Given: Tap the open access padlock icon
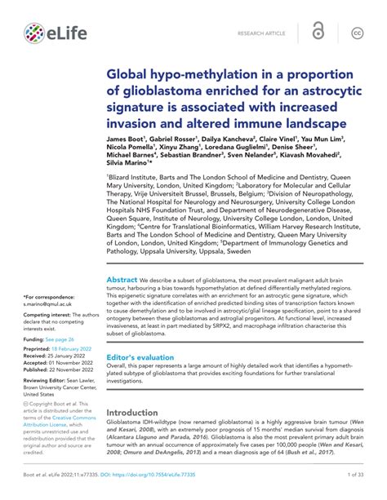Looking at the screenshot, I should [x=318, y=33].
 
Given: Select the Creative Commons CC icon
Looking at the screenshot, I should [x=357, y=33].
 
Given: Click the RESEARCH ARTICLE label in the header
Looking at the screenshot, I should [x=260, y=33].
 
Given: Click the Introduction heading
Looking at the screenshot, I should [x=132, y=413].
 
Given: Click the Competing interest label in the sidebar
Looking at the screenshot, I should [x=49, y=313].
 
